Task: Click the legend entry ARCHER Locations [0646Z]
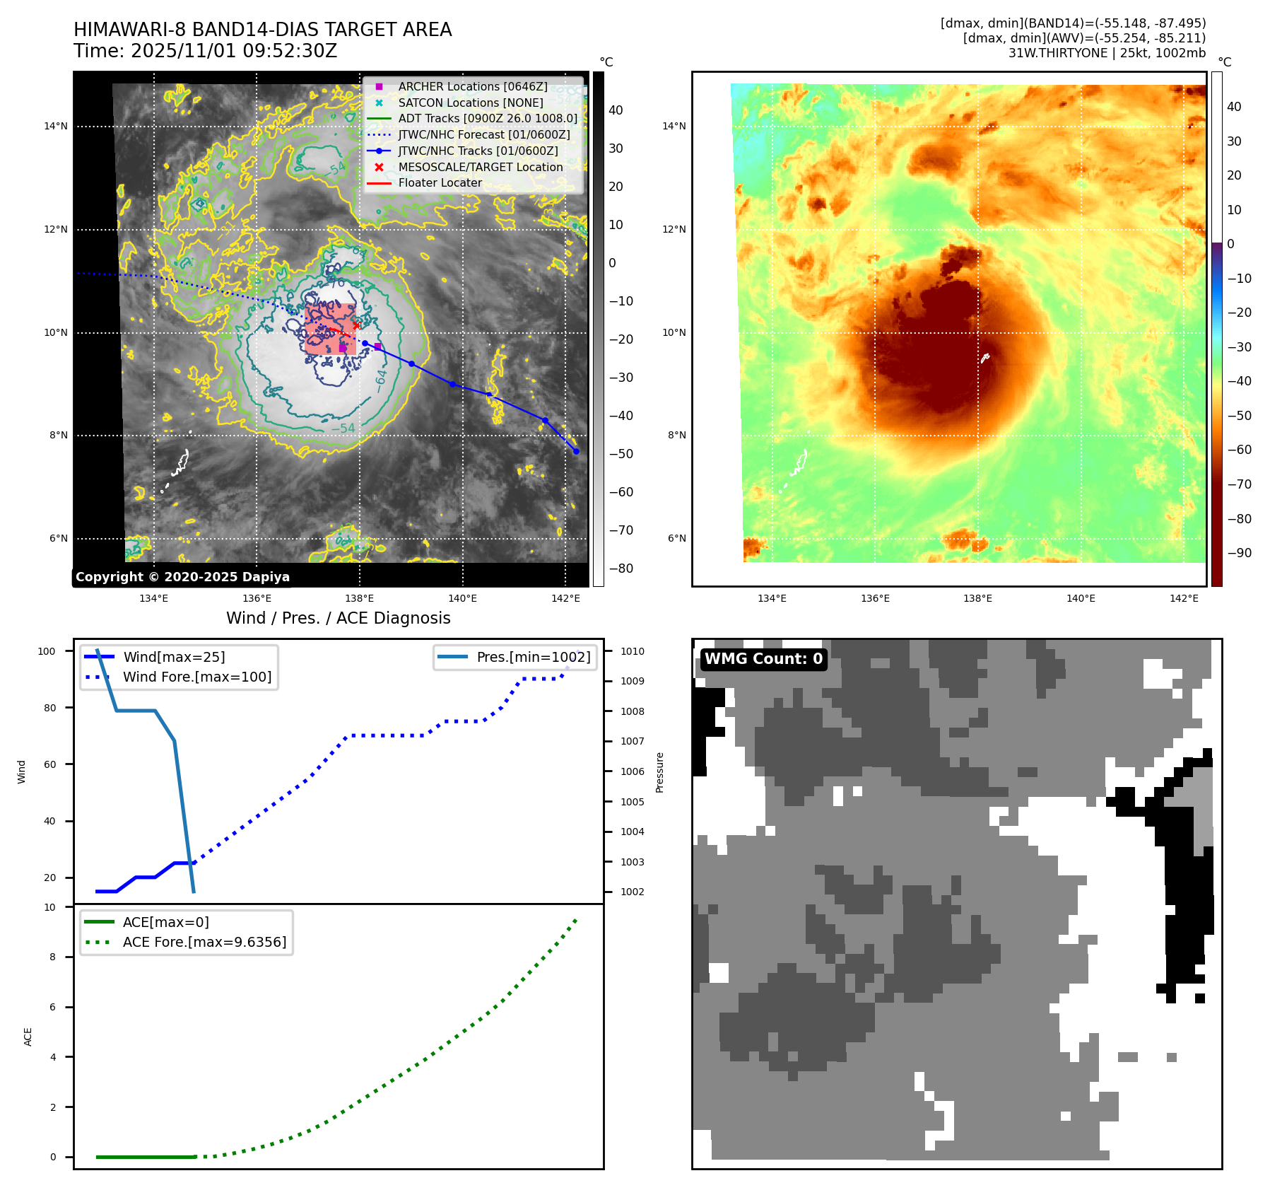tap(472, 86)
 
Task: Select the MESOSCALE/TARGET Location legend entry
tap(480, 167)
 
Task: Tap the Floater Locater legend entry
tap(440, 182)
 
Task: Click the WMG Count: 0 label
tap(763, 659)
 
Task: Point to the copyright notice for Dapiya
tap(182, 577)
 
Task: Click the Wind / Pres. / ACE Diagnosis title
tap(338, 618)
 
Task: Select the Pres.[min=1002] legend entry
tap(533, 657)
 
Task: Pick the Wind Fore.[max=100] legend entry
tap(196, 677)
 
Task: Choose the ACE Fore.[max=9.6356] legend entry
tap(204, 942)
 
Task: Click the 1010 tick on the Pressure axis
tap(633, 651)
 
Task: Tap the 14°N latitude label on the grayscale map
tap(56, 127)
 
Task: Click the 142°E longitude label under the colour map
tap(1184, 598)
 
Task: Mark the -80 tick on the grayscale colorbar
tap(621, 569)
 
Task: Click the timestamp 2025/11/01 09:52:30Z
tap(234, 51)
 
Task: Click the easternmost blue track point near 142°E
tap(576, 451)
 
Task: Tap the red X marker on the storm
tap(357, 325)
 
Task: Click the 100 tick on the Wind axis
tap(47, 651)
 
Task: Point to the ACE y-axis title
tap(28, 1037)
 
